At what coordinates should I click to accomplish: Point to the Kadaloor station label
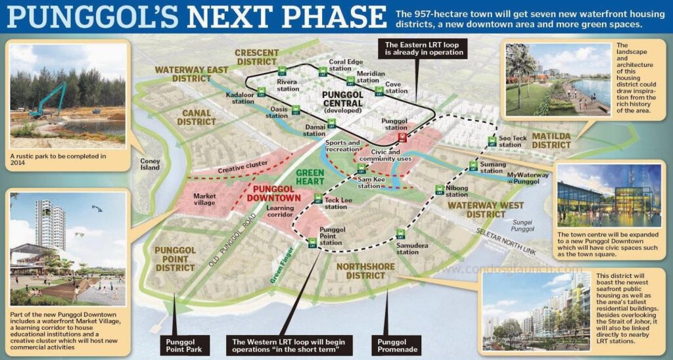pyautogui.click(x=240, y=98)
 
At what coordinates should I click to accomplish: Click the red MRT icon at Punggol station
pyautogui.click(x=402, y=137)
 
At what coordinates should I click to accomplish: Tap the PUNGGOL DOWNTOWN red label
pyautogui.click(x=274, y=193)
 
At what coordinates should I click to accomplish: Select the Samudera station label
pyautogui.click(x=407, y=248)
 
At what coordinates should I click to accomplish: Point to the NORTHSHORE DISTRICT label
pyautogui.click(x=365, y=271)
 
